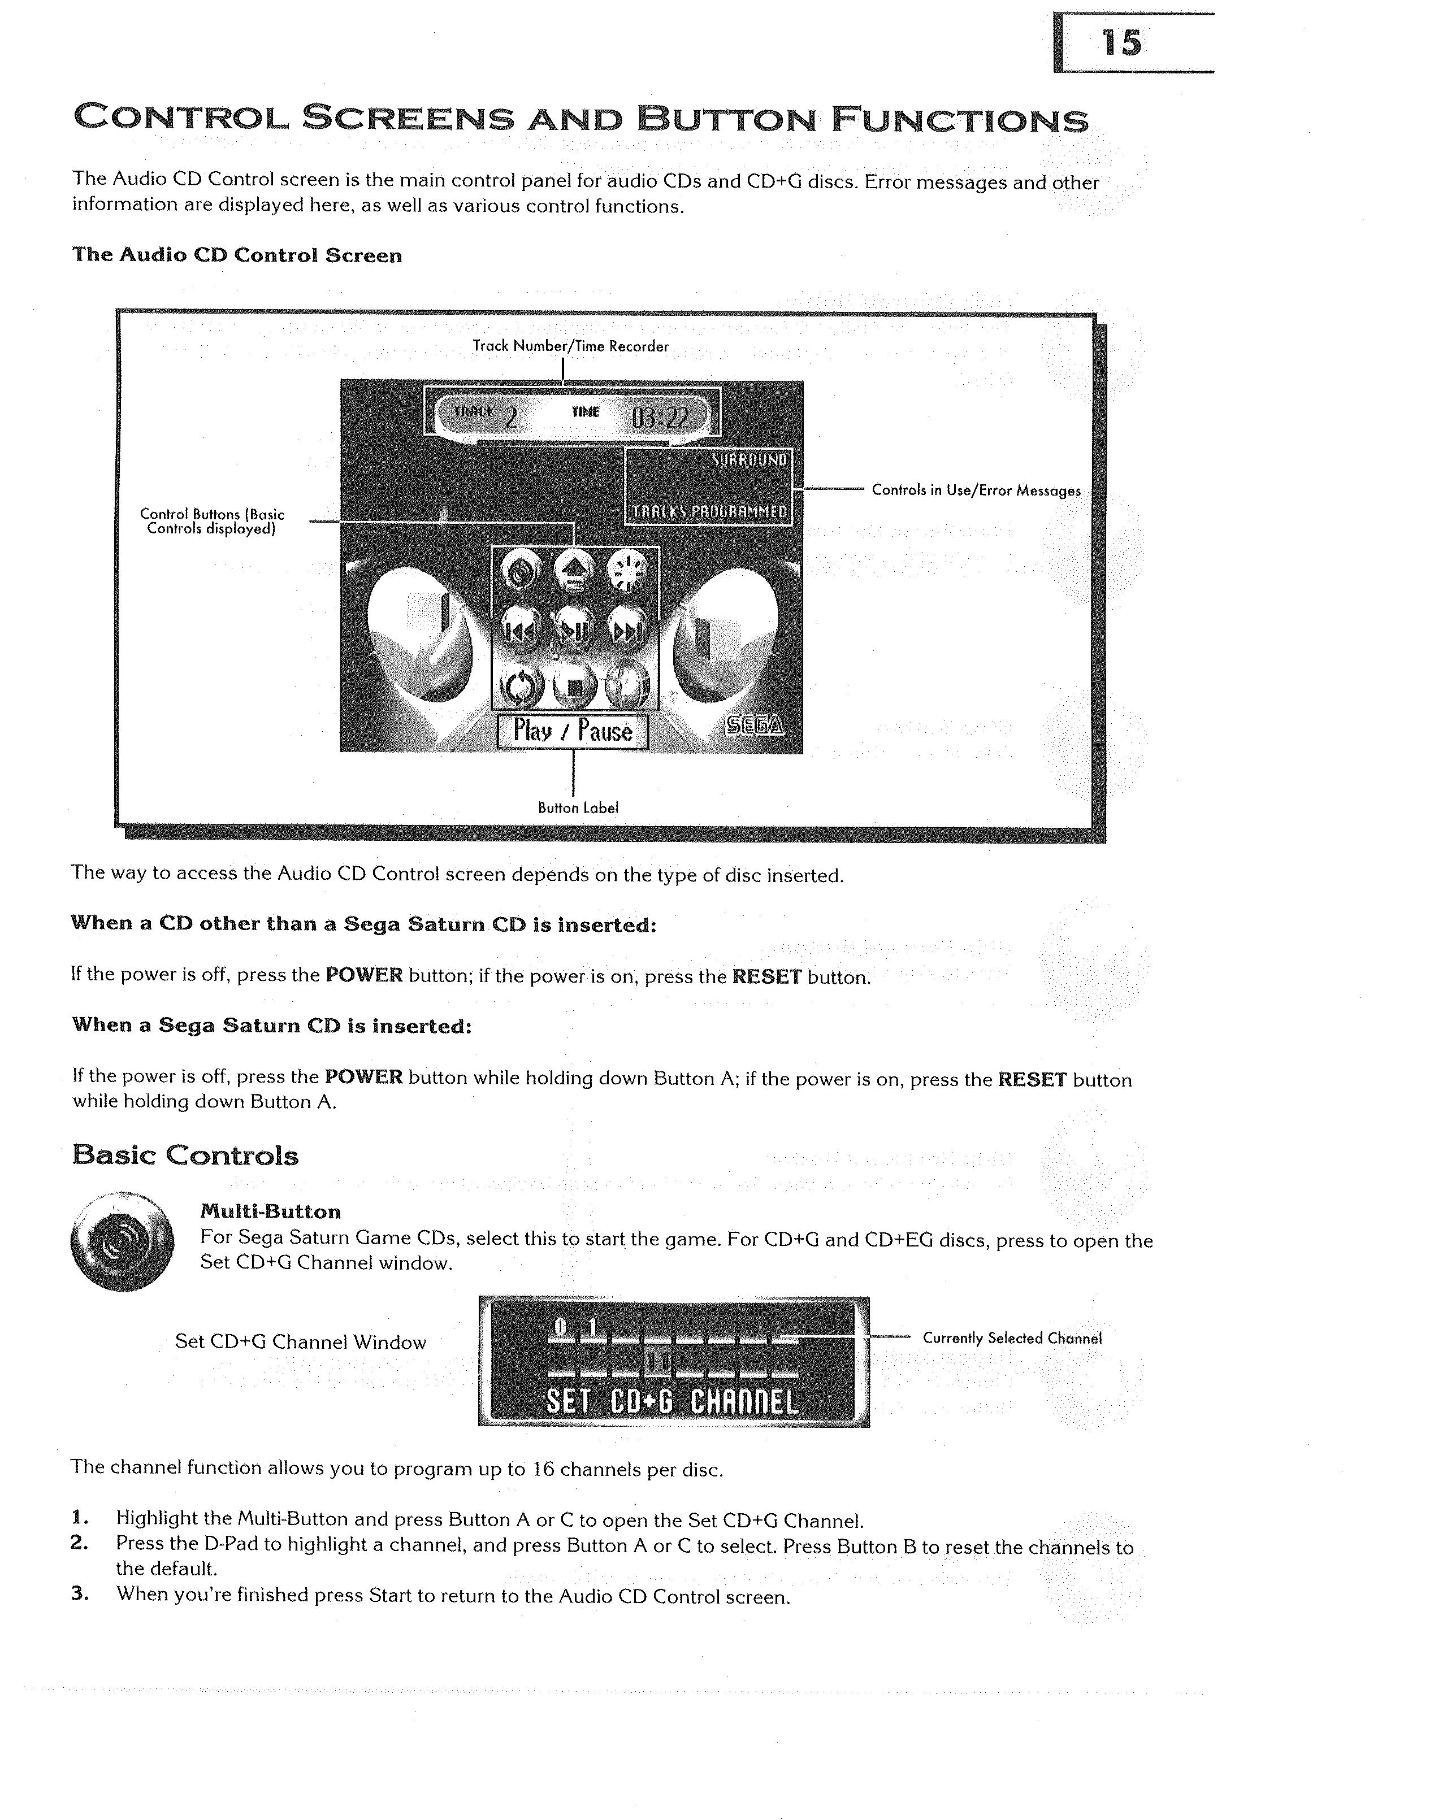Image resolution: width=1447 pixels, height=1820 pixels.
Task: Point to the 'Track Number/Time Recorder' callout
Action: tap(571, 346)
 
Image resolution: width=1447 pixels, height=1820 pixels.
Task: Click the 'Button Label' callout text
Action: tap(578, 808)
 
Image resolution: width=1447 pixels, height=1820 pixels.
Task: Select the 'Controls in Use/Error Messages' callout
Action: tap(976, 490)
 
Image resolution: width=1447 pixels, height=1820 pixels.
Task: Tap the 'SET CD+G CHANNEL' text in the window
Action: tap(672, 1402)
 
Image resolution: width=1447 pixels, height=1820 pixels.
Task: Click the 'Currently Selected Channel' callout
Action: tap(1012, 1338)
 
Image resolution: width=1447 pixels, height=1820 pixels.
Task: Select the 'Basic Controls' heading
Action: tap(185, 1155)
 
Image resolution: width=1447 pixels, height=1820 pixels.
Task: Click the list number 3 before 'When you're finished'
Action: tap(79, 1593)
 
